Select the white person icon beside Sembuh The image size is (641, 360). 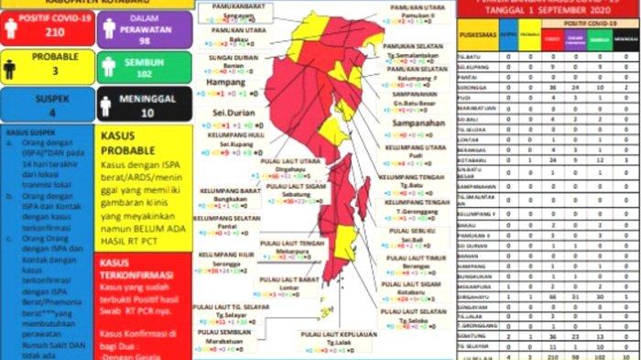pos(106,66)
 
